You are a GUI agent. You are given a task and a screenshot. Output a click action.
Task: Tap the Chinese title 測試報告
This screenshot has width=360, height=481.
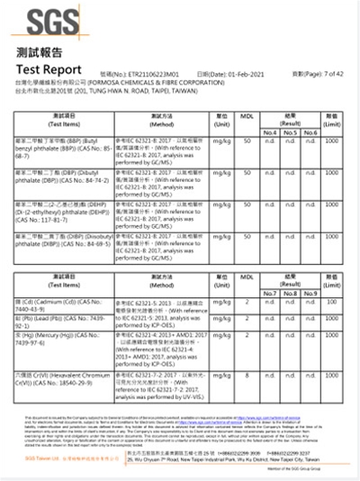coord(38,53)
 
